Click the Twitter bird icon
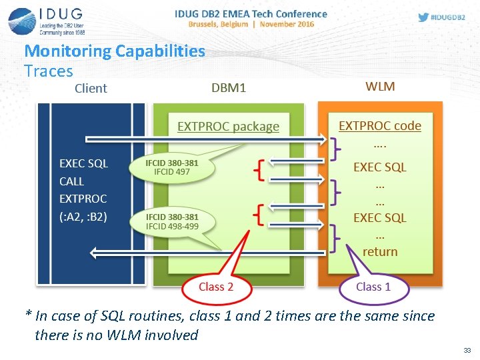(x=423, y=17)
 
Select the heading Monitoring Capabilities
(x=115, y=51)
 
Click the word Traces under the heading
(x=48, y=70)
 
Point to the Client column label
(x=91, y=88)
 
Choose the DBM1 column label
(x=228, y=88)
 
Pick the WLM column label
(x=380, y=87)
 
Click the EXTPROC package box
(x=228, y=126)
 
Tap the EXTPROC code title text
(x=380, y=125)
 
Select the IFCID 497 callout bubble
(x=172, y=167)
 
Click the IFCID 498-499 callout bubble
(x=172, y=221)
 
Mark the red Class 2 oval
(x=216, y=287)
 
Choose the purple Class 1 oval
(x=373, y=287)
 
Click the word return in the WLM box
(x=380, y=251)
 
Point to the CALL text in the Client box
(x=71, y=181)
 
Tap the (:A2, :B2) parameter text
(x=83, y=216)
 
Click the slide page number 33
(x=465, y=349)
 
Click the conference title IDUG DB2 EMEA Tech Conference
(x=251, y=13)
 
